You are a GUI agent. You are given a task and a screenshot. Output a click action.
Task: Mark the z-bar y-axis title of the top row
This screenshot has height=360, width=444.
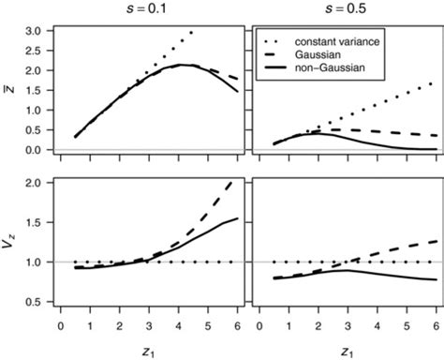12,90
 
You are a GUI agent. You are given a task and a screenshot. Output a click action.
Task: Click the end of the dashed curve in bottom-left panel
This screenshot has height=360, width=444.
237,181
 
